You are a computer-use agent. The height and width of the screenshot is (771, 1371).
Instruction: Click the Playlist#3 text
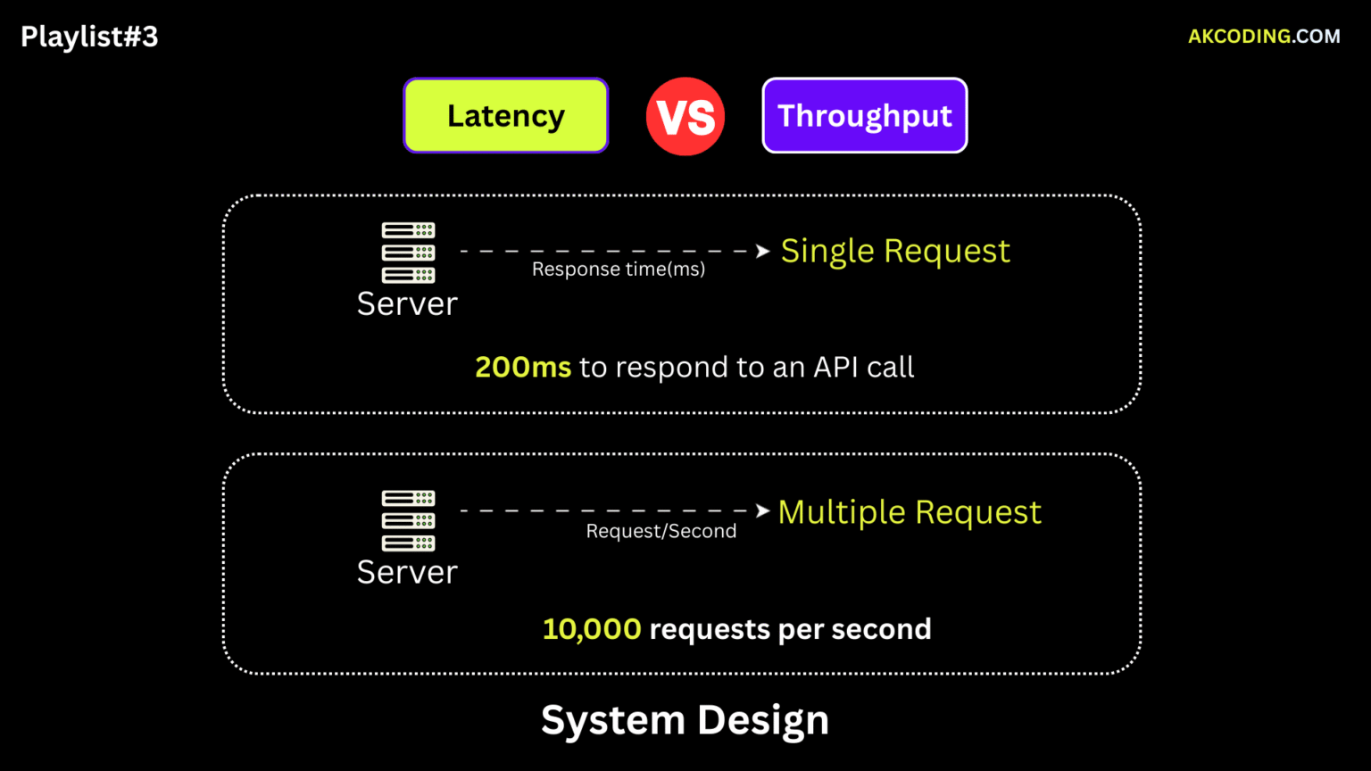[x=89, y=37]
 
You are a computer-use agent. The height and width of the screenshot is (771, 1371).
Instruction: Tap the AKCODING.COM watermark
[x=1264, y=37]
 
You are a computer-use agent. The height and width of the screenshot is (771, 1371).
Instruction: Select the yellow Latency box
[x=505, y=116]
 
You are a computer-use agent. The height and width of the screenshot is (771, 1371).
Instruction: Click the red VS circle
[x=685, y=117]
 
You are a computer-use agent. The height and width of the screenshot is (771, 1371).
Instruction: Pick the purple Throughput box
[x=864, y=116]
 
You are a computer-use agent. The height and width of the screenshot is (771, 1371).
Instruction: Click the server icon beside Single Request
[x=408, y=253]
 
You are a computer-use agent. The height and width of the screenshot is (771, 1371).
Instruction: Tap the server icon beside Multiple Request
[x=408, y=520]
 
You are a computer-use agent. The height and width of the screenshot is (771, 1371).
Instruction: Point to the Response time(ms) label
[x=618, y=269]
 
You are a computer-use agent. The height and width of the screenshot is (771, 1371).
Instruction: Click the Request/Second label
[x=661, y=531]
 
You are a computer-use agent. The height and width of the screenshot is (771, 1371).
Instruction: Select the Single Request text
[x=895, y=251]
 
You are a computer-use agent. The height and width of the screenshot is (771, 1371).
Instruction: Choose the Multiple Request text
[x=910, y=512]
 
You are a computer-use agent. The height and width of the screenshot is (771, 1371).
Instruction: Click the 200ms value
[x=523, y=367]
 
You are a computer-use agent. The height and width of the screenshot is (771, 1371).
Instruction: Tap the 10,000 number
[x=592, y=629]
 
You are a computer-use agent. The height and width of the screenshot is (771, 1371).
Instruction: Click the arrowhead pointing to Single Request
[x=762, y=252]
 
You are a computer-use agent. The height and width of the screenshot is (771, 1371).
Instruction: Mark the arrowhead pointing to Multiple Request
[x=762, y=510]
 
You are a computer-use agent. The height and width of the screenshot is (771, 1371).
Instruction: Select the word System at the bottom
[x=612, y=720]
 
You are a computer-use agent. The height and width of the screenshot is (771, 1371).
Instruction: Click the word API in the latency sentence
[x=835, y=367]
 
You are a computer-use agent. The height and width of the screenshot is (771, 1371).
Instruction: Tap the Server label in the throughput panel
[x=407, y=572]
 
